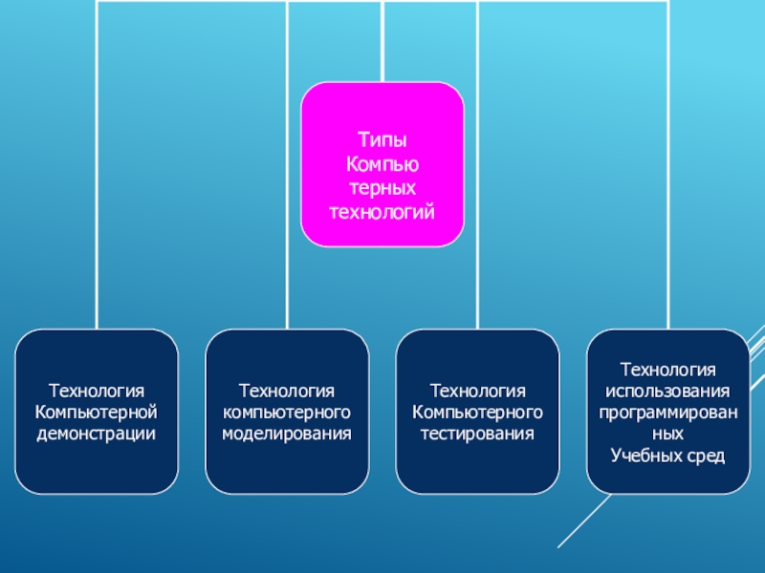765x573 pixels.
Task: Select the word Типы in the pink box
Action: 382,140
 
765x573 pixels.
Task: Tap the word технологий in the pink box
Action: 382,209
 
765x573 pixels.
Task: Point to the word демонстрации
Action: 96,434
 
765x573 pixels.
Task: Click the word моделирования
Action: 287,434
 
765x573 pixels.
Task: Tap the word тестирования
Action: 478,434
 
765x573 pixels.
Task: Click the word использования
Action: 668,392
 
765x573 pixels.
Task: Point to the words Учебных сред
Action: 668,455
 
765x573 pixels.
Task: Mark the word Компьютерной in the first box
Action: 96,412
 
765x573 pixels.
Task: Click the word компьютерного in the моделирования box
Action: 287,412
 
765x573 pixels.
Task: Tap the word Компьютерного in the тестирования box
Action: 478,412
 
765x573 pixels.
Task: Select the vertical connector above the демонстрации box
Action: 96,191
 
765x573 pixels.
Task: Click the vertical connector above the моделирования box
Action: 287,191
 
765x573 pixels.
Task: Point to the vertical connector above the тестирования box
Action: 478,191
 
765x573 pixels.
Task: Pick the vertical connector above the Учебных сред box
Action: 668,191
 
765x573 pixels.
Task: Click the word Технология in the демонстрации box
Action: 96,391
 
